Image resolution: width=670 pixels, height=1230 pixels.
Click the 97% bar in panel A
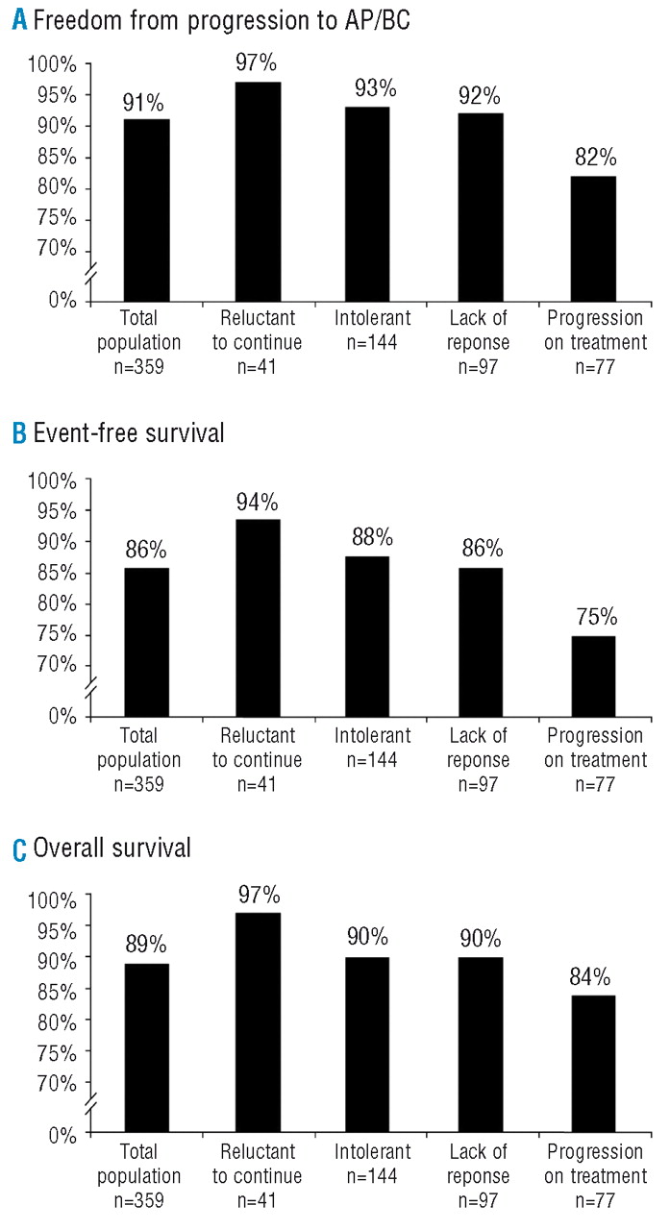click(x=258, y=192)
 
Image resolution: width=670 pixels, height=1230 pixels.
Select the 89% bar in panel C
click(x=146, y=1047)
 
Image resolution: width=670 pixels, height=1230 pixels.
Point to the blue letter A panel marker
click(x=18, y=21)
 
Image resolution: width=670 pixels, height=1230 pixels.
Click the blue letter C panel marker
click(x=18, y=849)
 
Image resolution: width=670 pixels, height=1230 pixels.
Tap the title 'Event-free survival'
click(x=128, y=433)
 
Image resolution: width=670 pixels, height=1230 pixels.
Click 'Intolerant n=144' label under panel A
click(x=369, y=330)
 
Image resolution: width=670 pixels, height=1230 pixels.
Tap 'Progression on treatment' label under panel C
click(x=593, y=1164)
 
